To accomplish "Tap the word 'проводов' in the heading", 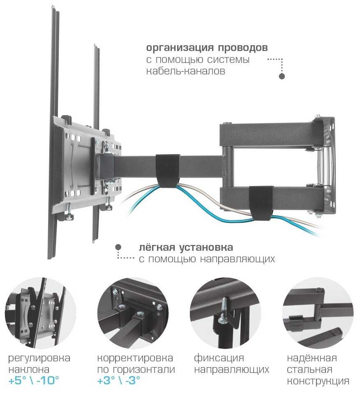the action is point(242,48).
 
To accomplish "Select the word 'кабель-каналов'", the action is point(186,71).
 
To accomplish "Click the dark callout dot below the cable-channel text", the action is point(282,76).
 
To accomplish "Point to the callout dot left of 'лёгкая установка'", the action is point(118,247).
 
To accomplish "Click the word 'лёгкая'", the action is point(157,247).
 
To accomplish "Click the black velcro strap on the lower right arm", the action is point(261,203).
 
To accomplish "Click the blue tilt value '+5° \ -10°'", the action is point(34,381).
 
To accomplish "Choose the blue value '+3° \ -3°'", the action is point(119,381).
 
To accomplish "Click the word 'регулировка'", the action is point(39,358).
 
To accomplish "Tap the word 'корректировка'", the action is point(135,358).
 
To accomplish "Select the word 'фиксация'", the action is point(219,358).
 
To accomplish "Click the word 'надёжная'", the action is point(312,358).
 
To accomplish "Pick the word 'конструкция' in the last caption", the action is point(318,381).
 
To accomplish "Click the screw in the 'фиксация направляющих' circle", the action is point(224,310).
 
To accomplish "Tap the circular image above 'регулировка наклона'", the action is point(41,313).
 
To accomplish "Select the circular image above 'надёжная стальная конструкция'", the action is point(318,313).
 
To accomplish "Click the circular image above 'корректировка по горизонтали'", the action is point(133,313).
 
